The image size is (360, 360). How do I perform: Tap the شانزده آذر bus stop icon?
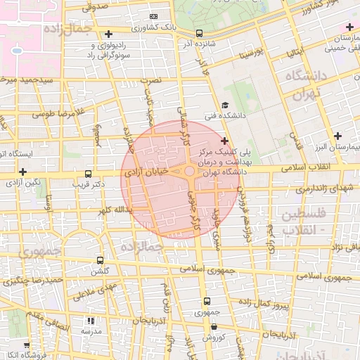coord(200,33)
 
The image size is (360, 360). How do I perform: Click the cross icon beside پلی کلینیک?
coord(224,141)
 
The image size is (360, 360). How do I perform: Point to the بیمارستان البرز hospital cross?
coord(338,136)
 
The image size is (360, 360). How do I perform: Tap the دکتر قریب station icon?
coord(88,174)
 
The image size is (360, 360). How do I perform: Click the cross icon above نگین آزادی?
coord(23,171)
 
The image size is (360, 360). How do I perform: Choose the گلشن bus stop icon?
coord(99,260)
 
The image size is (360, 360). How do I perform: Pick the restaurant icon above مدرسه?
coord(90,320)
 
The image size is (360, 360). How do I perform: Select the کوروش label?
coord(214,338)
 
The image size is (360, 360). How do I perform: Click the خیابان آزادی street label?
coord(147,171)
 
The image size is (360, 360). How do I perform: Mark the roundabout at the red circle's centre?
coord(189,171)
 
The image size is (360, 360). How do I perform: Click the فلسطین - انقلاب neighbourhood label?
coord(304,220)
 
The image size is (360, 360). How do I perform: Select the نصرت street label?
coord(152,81)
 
